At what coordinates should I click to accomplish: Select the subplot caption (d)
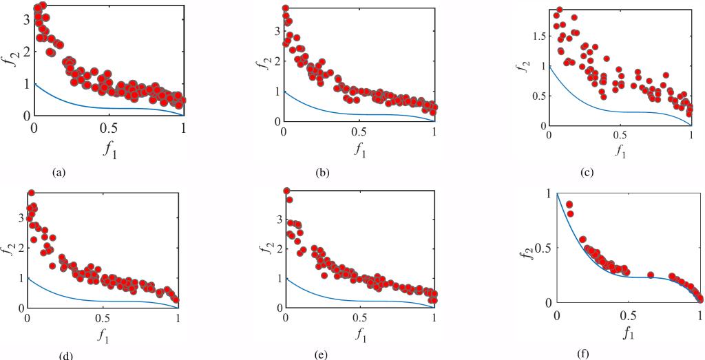[67, 355]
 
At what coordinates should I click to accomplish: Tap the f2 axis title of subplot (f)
[527, 248]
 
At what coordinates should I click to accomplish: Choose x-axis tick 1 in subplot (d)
[178, 318]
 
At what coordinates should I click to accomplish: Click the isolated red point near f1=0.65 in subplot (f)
[651, 275]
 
